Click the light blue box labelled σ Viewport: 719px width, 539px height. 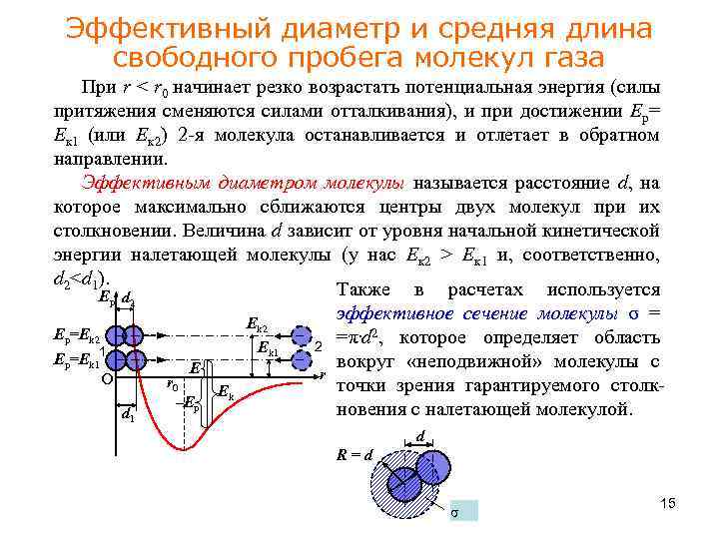point(462,511)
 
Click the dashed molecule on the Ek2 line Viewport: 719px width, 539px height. point(301,335)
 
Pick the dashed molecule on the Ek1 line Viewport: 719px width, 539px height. point(301,357)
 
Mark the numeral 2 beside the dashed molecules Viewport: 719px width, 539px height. point(319,345)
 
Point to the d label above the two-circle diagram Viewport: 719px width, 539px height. point(421,436)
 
